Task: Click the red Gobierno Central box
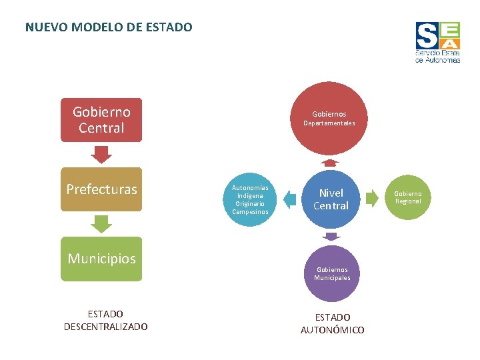101,120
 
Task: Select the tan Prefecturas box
101,189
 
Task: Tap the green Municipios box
101,259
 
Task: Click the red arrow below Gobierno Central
101,155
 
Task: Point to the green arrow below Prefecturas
101,223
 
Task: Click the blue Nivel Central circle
331,199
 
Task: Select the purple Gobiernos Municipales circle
332,273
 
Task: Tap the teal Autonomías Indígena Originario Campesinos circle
250,199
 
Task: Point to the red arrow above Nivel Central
329,163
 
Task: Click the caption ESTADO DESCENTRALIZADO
105,320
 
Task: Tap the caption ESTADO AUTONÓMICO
332,323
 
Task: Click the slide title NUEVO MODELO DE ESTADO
109,27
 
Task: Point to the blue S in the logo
427,35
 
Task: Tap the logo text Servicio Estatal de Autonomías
437,56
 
